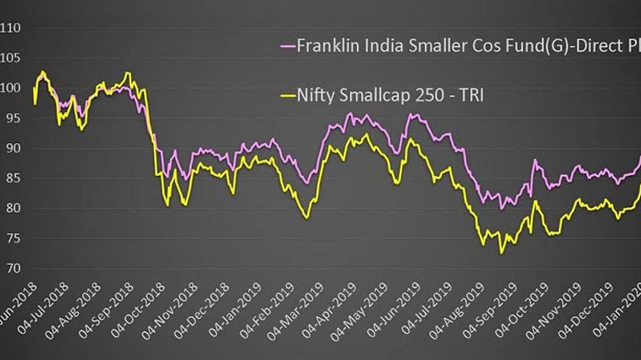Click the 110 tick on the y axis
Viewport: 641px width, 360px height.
point(11,28)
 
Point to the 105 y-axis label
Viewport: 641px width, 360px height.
point(11,58)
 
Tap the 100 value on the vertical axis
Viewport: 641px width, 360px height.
point(11,87)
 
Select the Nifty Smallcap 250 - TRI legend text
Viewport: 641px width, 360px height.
point(391,97)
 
